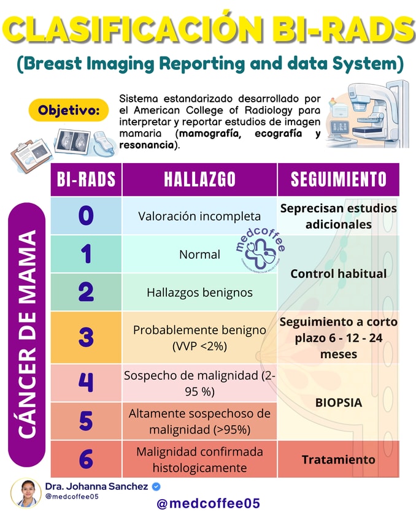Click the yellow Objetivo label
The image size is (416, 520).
[x=69, y=111]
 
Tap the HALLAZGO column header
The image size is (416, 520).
[x=199, y=179]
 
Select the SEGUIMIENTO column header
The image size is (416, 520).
[x=338, y=179]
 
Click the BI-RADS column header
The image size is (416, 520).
[x=86, y=179]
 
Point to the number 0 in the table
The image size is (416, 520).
[x=86, y=216]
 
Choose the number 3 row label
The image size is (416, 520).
[x=86, y=337]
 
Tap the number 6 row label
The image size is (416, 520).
[x=86, y=459]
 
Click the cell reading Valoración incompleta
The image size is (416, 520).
[x=199, y=216]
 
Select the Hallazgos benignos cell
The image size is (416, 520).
[x=199, y=292]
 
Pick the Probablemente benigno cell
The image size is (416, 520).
[x=199, y=337]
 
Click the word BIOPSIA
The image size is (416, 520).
[x=338, y=403]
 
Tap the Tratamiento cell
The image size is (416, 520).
[x=338, y=459]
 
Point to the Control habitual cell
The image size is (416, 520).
[x=338, y=273]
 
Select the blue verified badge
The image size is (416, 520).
[x=156, y=486]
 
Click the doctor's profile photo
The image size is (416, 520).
[x=26, y=492]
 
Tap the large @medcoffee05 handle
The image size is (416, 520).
[x=209, y=504]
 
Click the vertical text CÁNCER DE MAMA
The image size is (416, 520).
[x=26, y=334]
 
